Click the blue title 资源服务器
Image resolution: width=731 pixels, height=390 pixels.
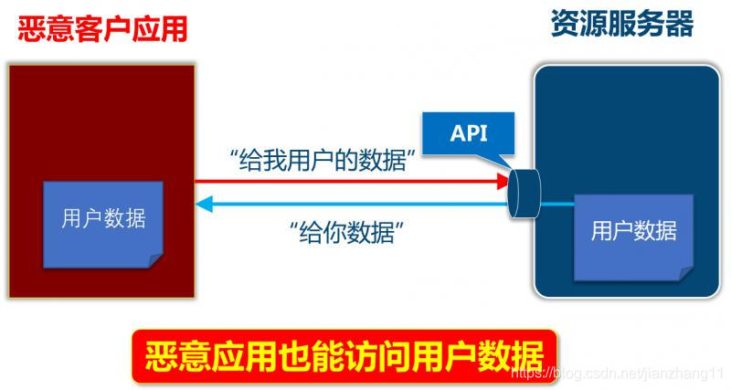621,24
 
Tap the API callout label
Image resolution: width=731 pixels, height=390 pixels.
468,133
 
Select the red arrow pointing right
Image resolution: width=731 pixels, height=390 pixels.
347,182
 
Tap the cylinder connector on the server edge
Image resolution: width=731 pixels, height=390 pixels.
522,193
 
